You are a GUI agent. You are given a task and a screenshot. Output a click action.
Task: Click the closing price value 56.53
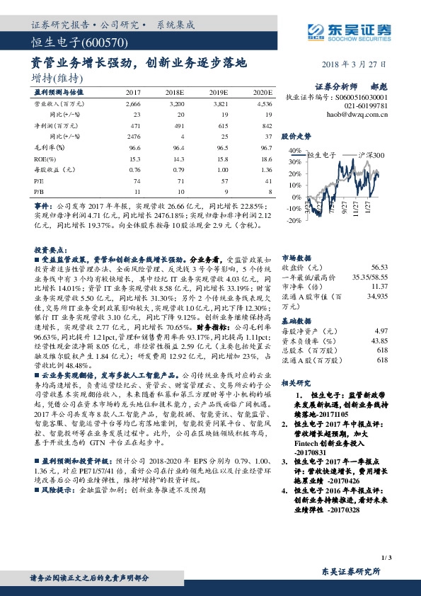tap(379, 268)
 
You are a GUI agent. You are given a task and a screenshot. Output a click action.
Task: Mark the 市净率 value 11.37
tap(379, 286)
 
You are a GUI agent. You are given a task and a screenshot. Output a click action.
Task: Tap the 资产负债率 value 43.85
tap(379, 341)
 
